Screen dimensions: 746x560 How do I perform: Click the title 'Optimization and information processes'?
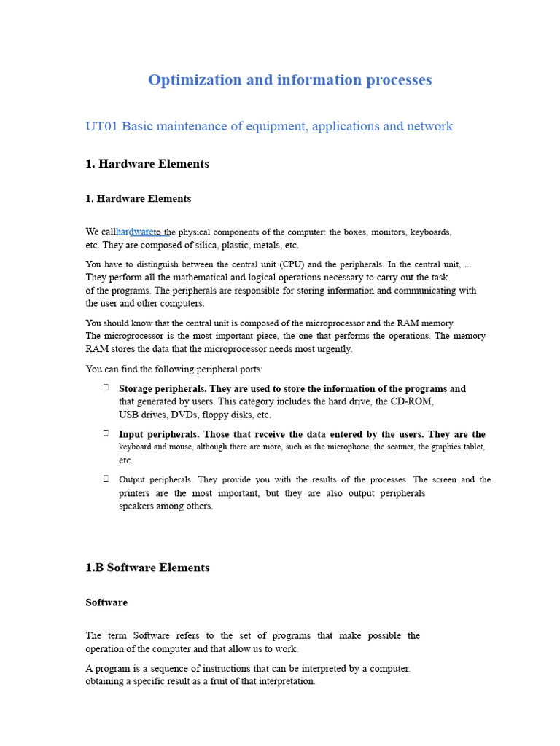(x=289, y=79)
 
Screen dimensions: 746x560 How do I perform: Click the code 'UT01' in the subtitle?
(x=101, y=126)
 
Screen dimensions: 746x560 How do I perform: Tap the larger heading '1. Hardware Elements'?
(x=147, y=164)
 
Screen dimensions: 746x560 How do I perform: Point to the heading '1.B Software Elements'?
(x=147, y=568)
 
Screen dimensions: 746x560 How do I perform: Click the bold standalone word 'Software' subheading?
(x=106, y=602)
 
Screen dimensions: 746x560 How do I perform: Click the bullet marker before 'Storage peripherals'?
(x=106, y=388)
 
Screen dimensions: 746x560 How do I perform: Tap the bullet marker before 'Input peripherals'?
(x=106, y=433)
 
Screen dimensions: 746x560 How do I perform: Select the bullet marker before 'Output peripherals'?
(x=106, y=479)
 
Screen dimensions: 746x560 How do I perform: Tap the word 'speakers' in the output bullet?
(x=136, y=506)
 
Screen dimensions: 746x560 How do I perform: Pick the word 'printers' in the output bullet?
(x=136, y=493)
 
